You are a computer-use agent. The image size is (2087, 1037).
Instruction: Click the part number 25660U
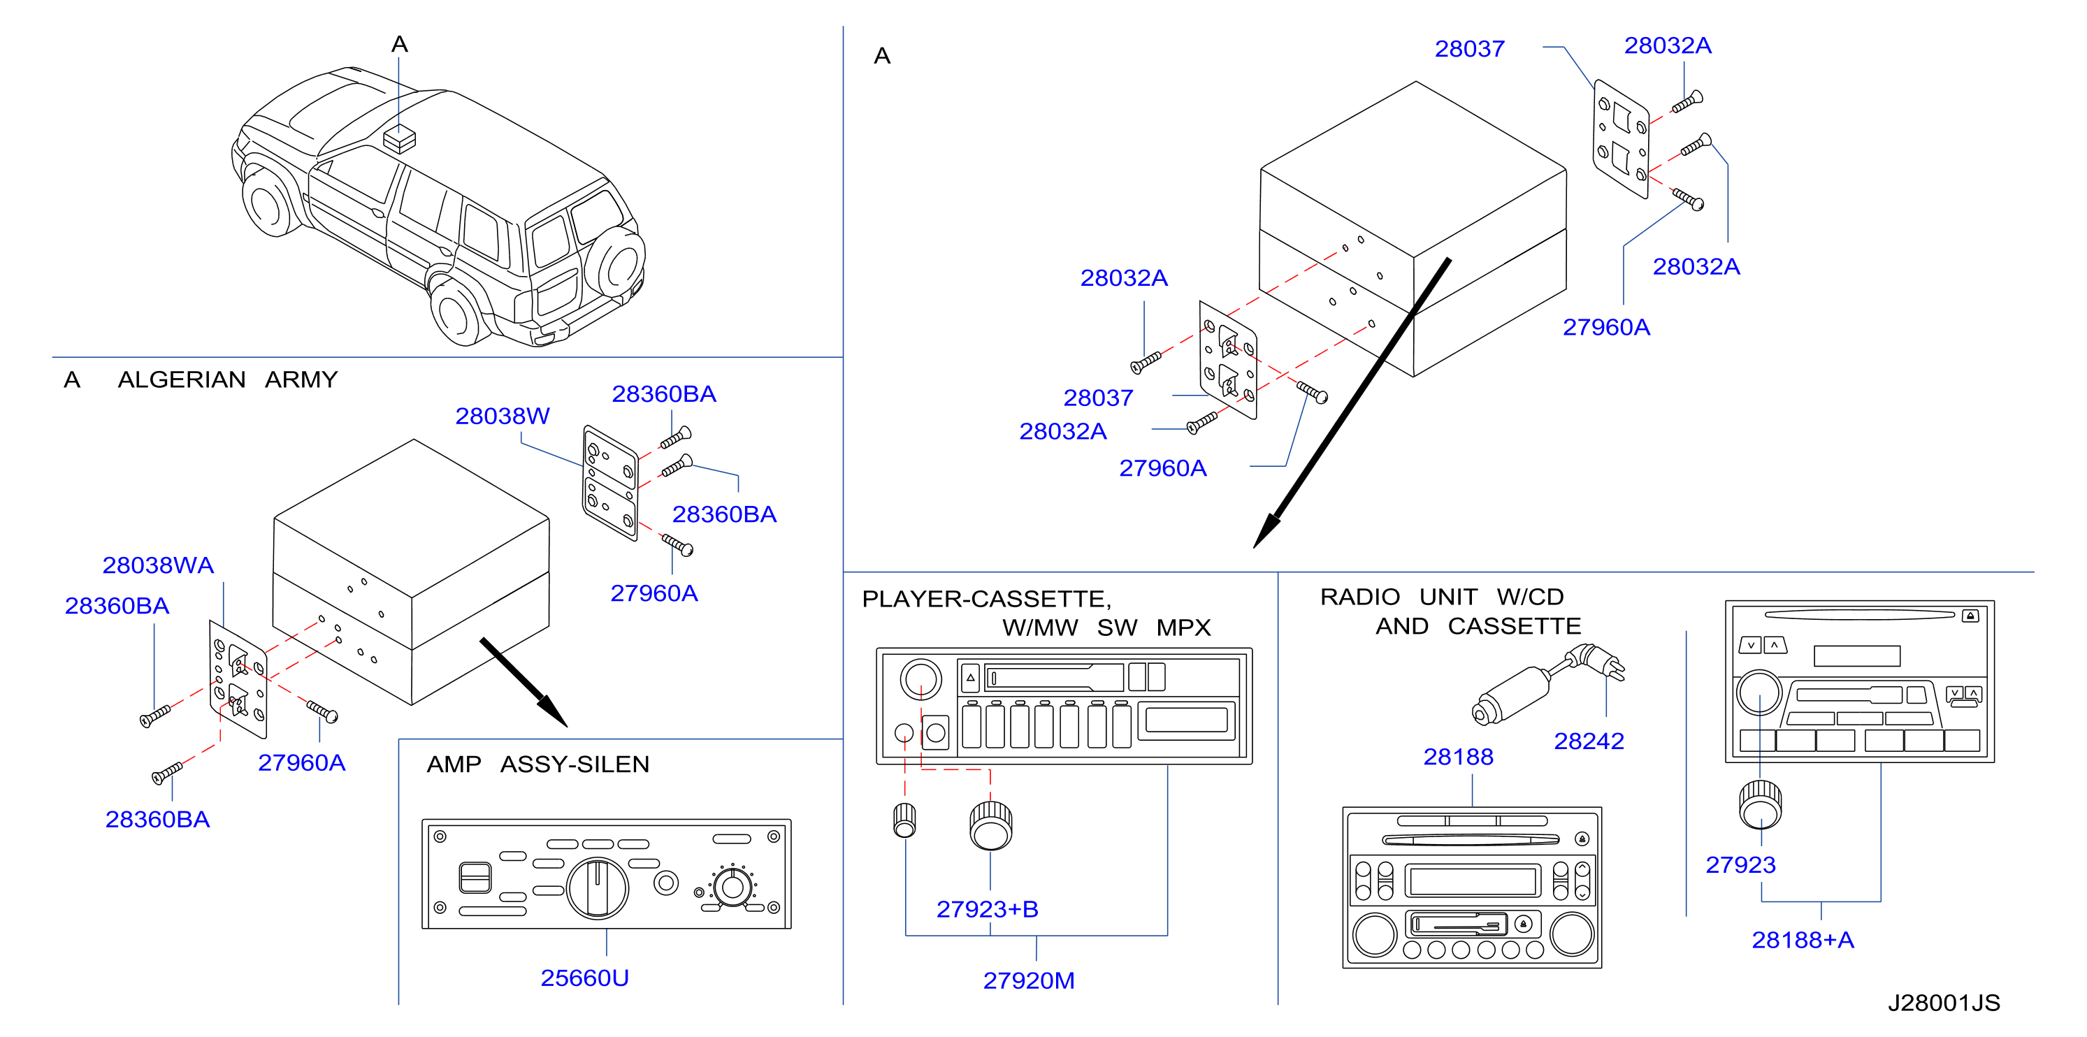(584, 978)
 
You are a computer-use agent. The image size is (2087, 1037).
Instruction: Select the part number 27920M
(1029, 980)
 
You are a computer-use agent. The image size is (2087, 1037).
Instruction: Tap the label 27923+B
(987, 909)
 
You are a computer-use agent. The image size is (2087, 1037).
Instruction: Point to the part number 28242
(1589, 741)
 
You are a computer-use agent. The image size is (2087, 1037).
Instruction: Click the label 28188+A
(1803, 940)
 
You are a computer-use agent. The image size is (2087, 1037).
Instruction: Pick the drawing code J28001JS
(1944, 1003)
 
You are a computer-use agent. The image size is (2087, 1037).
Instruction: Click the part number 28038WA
(158, 565)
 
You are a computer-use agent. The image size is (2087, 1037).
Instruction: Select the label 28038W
(503, 416)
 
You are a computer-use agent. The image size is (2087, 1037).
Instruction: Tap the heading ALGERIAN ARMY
(228, 379)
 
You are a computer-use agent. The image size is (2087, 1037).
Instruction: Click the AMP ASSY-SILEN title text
(538, 764)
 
